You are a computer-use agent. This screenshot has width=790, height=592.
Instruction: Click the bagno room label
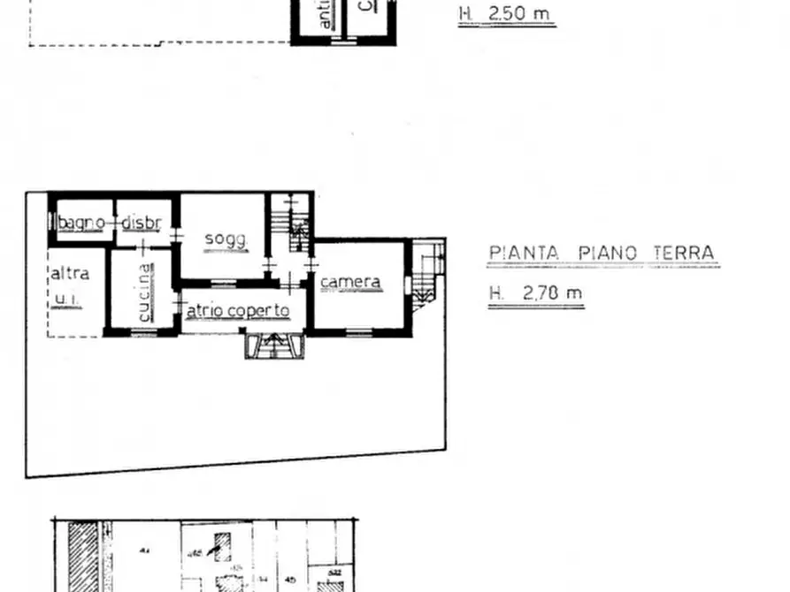point(81,224)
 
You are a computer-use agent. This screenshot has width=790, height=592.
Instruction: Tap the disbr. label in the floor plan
point(142,224)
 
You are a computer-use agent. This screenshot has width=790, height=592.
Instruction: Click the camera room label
point(350,283)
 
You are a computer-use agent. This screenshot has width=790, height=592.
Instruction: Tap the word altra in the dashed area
point(69,273)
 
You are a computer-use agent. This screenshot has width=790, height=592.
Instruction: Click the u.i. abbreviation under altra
point(66,300)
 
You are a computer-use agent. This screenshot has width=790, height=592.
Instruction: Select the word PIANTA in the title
point(525,254)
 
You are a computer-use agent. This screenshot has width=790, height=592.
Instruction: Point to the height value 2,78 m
point(553,293)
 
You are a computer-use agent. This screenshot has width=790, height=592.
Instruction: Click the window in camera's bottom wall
point(358,333)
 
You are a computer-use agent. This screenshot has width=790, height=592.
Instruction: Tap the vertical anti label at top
point(325,14)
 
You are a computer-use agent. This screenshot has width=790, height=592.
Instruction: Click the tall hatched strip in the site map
point(83,557)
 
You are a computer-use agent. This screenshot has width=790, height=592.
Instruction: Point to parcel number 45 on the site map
point(290,581)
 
